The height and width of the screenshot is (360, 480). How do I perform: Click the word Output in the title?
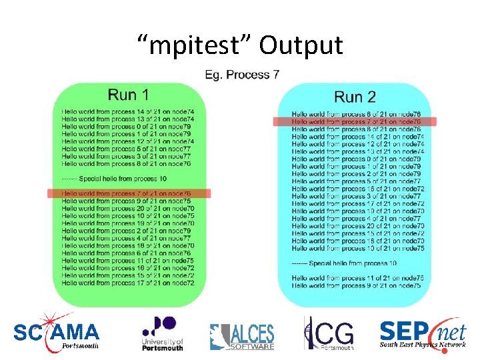click(x=301, y=45)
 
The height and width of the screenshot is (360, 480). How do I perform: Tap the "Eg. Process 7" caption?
click(x=242, y=75)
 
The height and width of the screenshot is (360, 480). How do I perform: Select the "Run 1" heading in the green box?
click(x=129, y=95)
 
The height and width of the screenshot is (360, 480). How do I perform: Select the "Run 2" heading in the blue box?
click(x=355, y=97)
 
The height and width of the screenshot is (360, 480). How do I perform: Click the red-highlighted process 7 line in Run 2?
click(x=356, y=122)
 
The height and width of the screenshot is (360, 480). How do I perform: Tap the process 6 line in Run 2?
click(x=356, y=115)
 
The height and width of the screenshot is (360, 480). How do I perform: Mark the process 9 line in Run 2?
click(x=356, y=285)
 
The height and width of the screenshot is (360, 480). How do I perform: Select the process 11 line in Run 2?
click(x=357, y=278)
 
